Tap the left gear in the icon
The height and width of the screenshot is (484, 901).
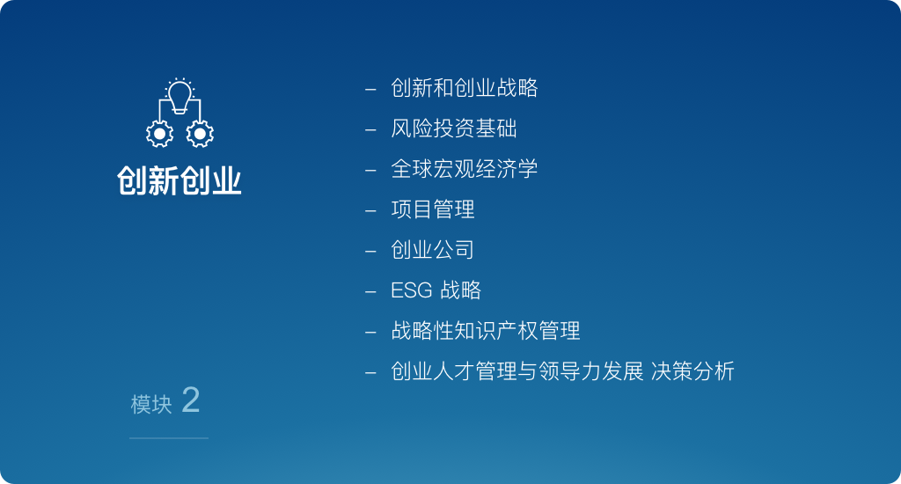(x=160, y=134)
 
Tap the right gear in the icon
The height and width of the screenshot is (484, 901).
(x=200, y=134)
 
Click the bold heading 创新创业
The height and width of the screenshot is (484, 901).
(x=179, y=180)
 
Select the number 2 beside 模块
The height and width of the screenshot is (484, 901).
(x=191, y=400)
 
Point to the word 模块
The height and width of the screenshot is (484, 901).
(x=151, y=405)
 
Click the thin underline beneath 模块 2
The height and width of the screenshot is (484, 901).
(x=169, y=438)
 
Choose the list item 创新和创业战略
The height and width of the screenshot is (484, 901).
(x=465, y=88)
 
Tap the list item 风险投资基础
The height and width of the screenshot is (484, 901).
(x=454, y=128)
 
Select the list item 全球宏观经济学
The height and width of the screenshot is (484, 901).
(x=465, y=169)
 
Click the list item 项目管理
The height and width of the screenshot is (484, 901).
(x=433, y=209)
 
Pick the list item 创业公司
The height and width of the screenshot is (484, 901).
(x=433, y=249)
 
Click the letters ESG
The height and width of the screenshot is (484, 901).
(x=412, y=290)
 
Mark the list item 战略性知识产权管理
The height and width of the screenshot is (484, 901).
(x=486, y=331)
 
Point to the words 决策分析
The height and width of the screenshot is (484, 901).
(x=693, y=371)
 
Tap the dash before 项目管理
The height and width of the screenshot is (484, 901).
(x=370, y=211)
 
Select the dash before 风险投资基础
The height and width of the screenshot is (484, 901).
(x=370, y=130)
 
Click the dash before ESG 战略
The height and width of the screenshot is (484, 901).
(x=370, y=292)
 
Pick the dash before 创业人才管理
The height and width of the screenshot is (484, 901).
(x=370, y=373)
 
